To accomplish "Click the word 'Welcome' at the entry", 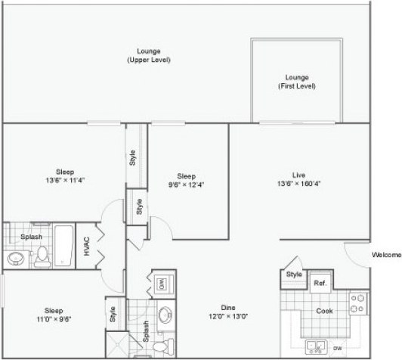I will pyautogui.click(x=386, y=255).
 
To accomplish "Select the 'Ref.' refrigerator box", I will pyautogui.click(x=320, y=283).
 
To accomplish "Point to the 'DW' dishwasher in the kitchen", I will pyautogui.click(x=336, y=349).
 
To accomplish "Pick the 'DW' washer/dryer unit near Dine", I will pyautogui.click(x=161, y=284).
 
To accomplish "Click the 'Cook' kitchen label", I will pyautogui.click(x=324, y=310).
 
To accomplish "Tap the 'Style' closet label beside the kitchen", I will pyautogui.click(x=294, y=275).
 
